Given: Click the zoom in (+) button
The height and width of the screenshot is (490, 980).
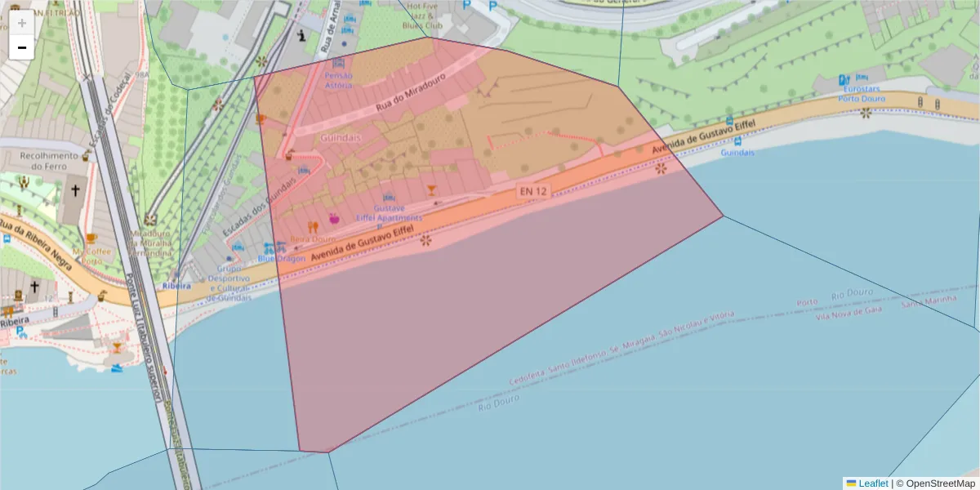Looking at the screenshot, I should click(22, 23).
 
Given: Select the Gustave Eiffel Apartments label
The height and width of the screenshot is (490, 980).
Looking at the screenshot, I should click(390, 213).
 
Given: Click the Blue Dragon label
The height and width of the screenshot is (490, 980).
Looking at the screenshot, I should click(281, 259).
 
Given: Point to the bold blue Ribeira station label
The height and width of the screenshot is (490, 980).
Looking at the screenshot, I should click(176, 286).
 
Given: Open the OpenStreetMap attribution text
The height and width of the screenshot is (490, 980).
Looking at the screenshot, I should click(940, 483).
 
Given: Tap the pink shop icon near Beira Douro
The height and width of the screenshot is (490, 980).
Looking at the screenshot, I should click(334, 218).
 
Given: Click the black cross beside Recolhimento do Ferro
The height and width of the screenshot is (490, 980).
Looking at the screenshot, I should click(75, 190).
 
